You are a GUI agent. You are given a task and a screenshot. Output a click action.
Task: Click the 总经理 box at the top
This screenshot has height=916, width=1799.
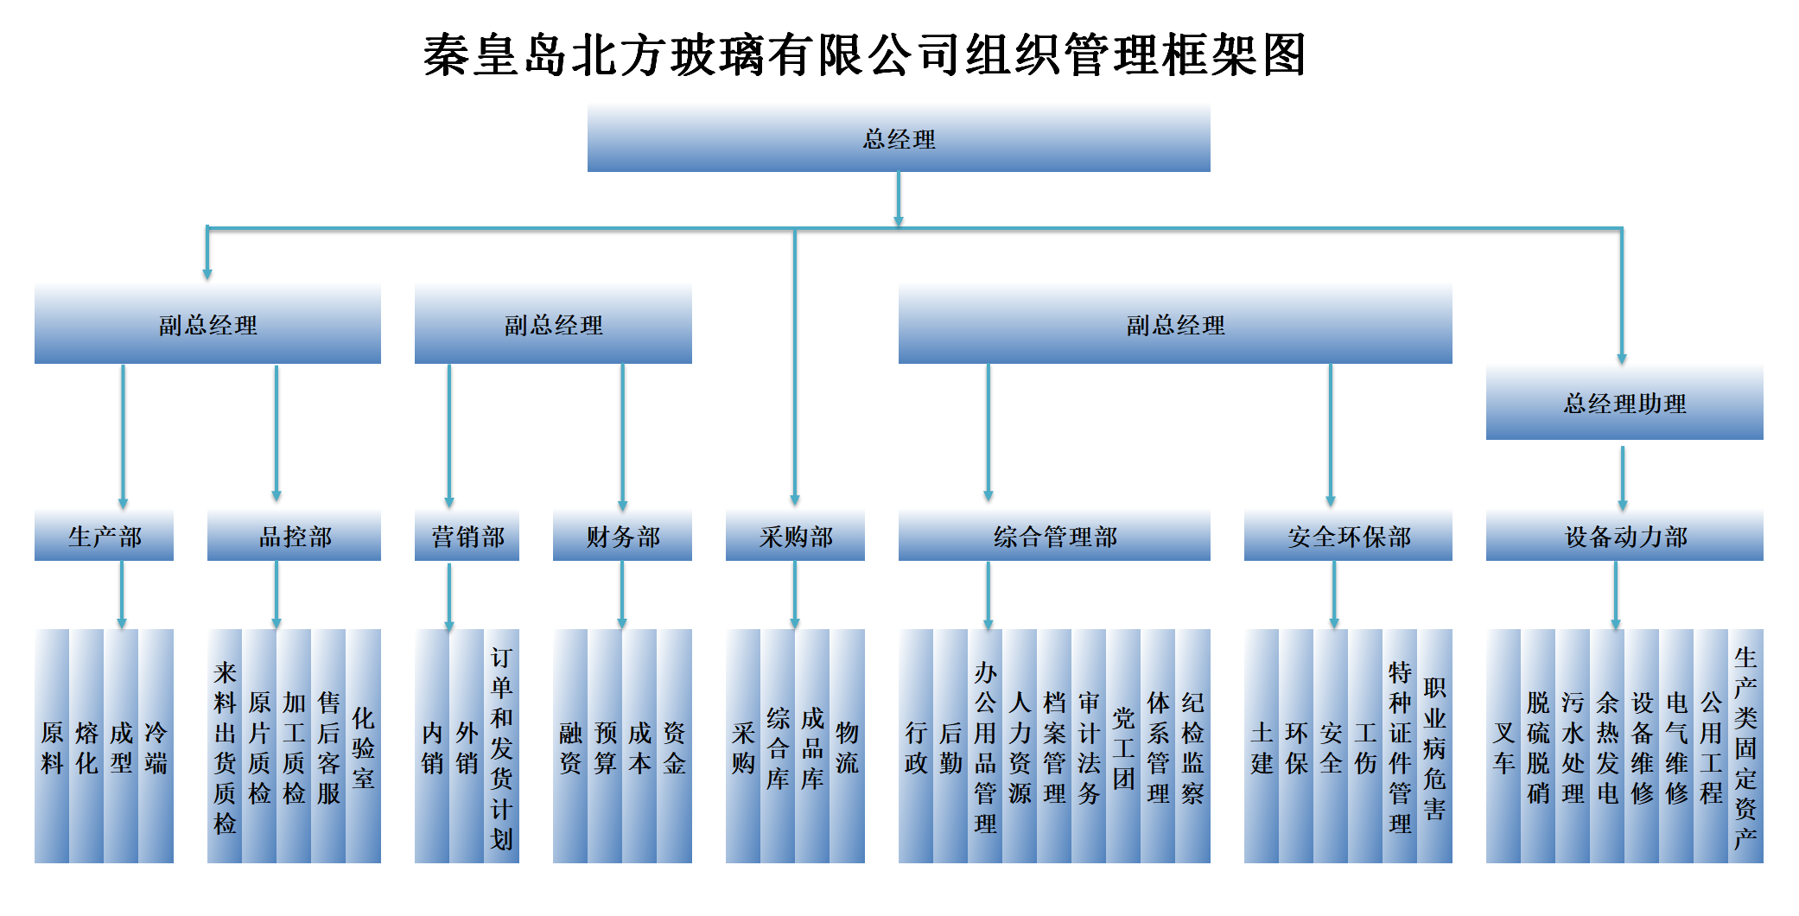(x=899, y=138)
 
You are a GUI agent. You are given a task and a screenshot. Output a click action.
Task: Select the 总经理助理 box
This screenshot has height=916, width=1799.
(x=1624, y=403)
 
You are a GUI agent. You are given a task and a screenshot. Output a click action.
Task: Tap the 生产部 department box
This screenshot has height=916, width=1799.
(x=104, y=536)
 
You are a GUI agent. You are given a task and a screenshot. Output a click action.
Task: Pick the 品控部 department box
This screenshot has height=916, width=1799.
(x=294, y=536)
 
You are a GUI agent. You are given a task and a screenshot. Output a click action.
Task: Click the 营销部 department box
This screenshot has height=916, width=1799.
(x=467, y=536)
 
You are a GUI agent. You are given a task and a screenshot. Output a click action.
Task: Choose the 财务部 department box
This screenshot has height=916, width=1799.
(x=622, y=536)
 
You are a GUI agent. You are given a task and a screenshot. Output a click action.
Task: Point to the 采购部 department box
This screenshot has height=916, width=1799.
(x=795, y=536)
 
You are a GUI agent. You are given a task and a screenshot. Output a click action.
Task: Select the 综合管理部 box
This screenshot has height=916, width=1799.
(x=1054, y=536)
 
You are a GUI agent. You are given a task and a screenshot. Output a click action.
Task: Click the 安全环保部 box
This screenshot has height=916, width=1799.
(x=1348, y=536)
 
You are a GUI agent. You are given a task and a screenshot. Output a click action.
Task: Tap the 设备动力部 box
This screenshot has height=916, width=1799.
(x=1624, y=536)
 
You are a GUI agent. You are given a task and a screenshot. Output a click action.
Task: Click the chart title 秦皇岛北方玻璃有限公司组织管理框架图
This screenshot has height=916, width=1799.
(x=864, y=55)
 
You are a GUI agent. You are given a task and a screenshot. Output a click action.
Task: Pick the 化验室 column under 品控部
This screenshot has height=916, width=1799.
(x=364, y=746)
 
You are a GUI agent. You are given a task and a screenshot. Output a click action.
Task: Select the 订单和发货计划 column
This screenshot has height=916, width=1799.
(x=501, y=746)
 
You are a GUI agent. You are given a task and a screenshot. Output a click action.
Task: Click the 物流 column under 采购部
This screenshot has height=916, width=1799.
(x=848, y=746)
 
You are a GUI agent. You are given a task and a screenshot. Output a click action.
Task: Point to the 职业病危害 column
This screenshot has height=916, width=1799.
(x=1434, y=746)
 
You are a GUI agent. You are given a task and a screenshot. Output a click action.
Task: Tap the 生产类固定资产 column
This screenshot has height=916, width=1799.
(x=1745, y=746)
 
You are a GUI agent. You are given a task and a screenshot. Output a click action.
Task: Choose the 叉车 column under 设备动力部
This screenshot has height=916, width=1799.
(x=1503, y=746)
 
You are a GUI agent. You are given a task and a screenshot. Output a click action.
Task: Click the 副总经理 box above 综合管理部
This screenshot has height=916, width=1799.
(x=1175, y=324)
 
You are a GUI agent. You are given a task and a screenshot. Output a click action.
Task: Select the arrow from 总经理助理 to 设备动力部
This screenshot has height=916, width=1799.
(x=1623, y=478)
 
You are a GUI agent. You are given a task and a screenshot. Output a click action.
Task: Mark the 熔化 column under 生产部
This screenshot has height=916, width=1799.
(x=86, y=746)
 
